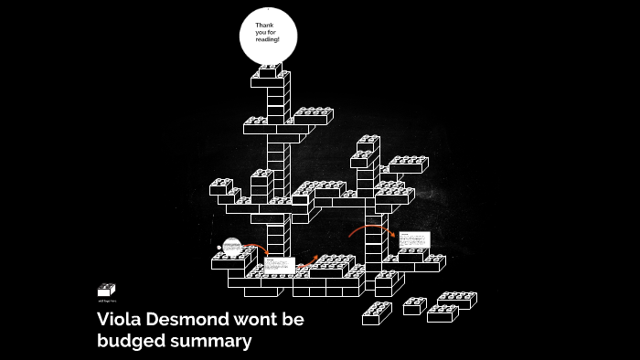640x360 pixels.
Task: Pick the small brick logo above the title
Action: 106,290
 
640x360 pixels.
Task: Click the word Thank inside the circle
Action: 264,24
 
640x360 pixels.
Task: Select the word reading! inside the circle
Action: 267,40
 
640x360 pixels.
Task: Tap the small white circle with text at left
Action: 232,246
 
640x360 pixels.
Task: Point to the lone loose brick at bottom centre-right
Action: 377,312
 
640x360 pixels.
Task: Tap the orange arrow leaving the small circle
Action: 259,249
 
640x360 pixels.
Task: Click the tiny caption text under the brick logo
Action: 107,300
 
